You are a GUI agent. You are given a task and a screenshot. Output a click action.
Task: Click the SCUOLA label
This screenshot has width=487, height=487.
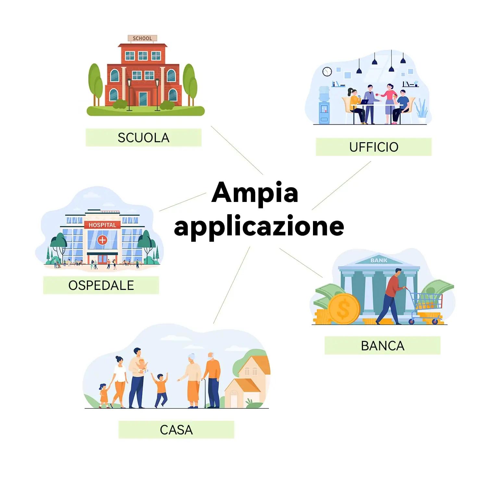click(x=144, y=138)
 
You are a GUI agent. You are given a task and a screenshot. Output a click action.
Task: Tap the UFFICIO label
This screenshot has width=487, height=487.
click(x=374, y=147)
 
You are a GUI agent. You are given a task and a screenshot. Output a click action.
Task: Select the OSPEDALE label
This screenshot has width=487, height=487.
click(x=101, y=285)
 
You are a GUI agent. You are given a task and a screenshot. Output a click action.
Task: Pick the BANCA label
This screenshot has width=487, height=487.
click(x=382, y=346)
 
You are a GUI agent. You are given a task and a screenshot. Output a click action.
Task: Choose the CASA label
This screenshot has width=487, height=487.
click(x=176, y=430)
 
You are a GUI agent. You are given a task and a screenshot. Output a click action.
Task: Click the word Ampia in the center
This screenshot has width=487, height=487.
click(x=255, y=193)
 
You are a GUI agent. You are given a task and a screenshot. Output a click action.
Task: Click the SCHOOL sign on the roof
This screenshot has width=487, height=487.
click(x=142, y=38)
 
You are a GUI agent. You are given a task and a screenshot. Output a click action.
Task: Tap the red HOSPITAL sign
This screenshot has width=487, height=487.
click(x=102, y=225)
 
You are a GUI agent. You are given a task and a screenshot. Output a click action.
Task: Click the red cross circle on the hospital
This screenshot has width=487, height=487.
click(x=102, y=240)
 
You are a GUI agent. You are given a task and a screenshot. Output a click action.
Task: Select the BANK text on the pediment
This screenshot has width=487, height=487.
click(x=379, y=260)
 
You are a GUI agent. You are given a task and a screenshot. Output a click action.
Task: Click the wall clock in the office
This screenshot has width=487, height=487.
click(x=327, y=71)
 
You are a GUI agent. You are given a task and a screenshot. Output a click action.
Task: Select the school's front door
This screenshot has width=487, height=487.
click(x=143, y=98)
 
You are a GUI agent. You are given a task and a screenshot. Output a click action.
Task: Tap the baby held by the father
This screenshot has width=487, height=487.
click(x=142, y=365)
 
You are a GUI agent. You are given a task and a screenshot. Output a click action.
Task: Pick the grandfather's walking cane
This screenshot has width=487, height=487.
click(x=205, y=393)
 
